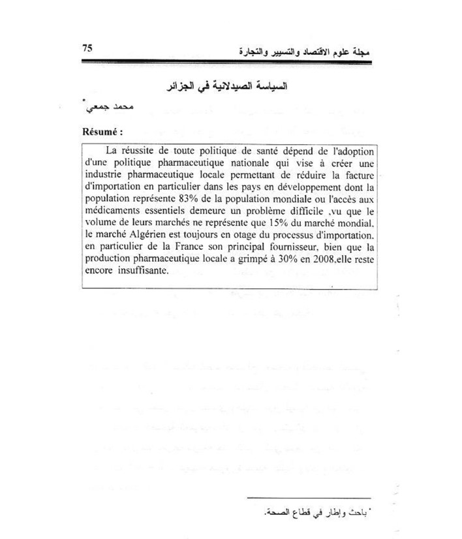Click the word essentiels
pos(170,211)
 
